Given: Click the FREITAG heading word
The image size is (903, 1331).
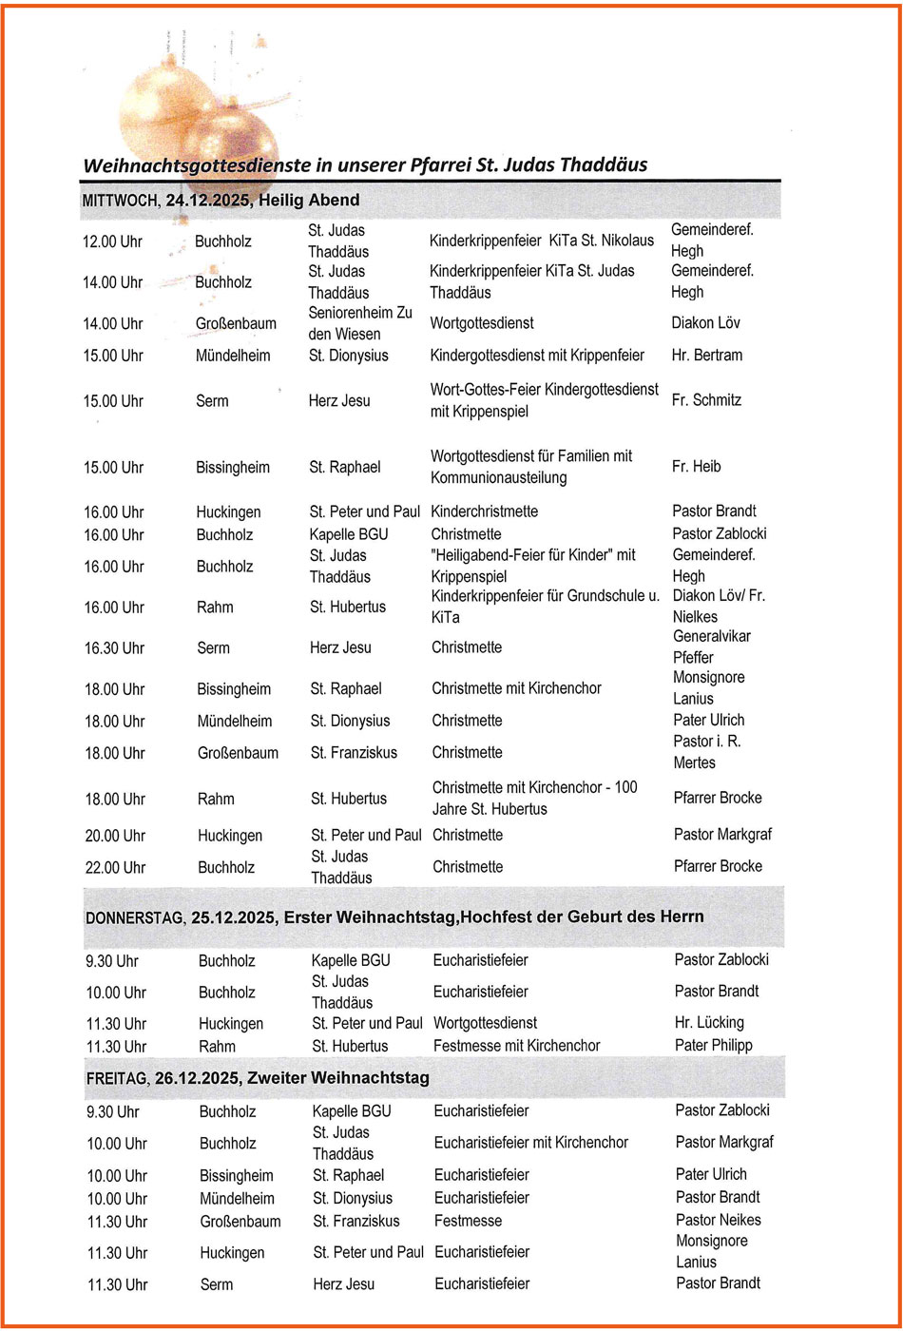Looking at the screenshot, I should pyautogui.click(x=114, y=1079).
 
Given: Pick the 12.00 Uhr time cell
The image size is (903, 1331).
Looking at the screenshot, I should pyautogui.click(x=113, y=241).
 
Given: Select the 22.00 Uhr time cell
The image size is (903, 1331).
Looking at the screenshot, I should pyautogui.click(x=115, y=867).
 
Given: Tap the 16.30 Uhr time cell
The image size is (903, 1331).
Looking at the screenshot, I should pyautogui.click(x=115, y=648).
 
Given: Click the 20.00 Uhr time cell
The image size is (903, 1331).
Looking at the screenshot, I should pyautogui.click(x=115, y=836).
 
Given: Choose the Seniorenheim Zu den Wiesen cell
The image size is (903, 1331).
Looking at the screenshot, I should pyautogui.click(x=360, y=323).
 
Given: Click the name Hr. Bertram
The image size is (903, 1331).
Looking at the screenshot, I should pyautogui.click(x=707, y=356).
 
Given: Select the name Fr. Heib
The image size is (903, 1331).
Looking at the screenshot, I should pyautogui.click(x=697, y=467).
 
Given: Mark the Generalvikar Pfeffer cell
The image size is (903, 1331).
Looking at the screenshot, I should pyautogui.click(x=711, y=646).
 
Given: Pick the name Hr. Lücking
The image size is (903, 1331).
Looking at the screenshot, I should pyautogui.click(x=709, y=1023).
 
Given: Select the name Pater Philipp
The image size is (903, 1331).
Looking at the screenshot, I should pyautogui.click(x=713, y=1046).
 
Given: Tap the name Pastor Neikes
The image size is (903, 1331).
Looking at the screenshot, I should pyautogui.click(x=719, y=1221).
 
